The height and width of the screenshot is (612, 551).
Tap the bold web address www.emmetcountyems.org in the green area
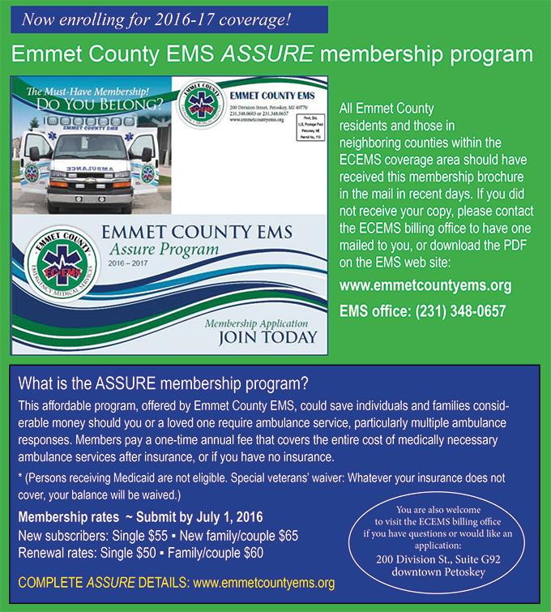[425, 286]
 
